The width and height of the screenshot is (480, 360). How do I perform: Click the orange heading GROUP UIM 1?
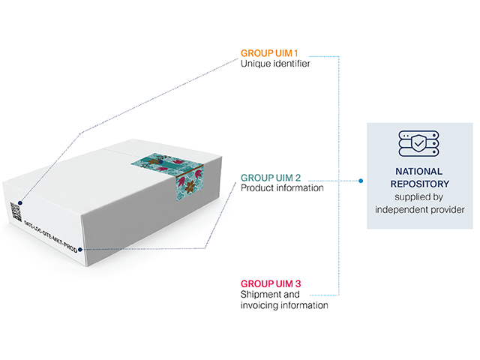coord(268,54)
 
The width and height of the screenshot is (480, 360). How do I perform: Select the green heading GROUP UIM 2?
coord(271,178)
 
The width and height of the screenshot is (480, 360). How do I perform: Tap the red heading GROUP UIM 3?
coord(271,283)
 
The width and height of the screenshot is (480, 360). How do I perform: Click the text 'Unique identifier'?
coord(274,64)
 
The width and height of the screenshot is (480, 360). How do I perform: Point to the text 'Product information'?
coord(282,188)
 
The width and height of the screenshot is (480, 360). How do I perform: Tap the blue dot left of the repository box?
coord(361,181)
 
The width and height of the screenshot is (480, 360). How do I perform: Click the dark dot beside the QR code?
coord(19,202)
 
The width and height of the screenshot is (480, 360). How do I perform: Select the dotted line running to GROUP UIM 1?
coord(157,93)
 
